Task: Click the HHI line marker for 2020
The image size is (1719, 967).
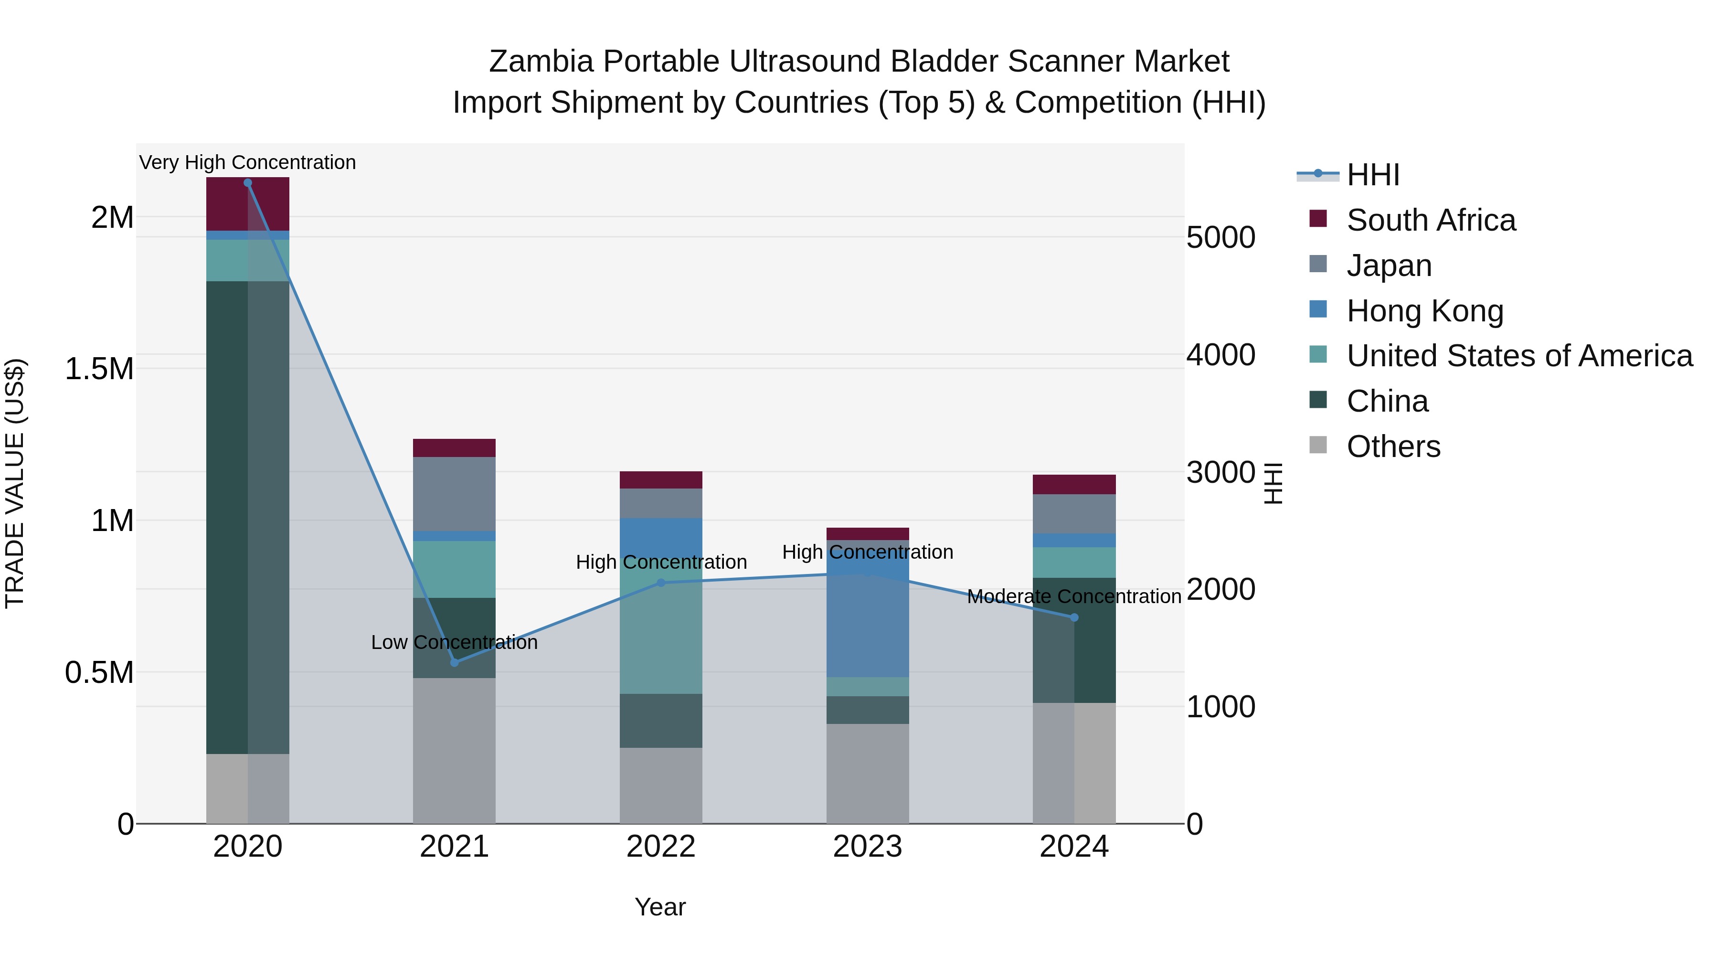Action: pyautogui.click(x=247, y=183)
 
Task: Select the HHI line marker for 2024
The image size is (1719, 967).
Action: pyautogui.click(x=1074, y=618)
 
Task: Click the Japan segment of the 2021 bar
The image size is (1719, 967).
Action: pyautogui.click(x=455, y=494)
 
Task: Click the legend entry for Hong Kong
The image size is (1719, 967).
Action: pyautogui.click(x=1425, y=311)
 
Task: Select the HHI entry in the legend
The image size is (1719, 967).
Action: pyautogui.click(x=1373, y=175)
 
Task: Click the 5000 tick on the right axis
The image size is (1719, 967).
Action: pyautogui.click(x=1220, y=238)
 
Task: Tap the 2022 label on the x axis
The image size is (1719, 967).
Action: pyautogui.click(x=661, y=847)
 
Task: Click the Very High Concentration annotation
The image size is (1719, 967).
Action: pyautogui.click(x=247, y=163)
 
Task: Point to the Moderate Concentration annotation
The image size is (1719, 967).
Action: pyautogui.click(x=1074, y=596)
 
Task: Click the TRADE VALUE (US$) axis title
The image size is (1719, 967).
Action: pyautogui.click(x=15, y=483)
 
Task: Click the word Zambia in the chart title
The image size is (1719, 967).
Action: pyautogui.click(x=541, y=62)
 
